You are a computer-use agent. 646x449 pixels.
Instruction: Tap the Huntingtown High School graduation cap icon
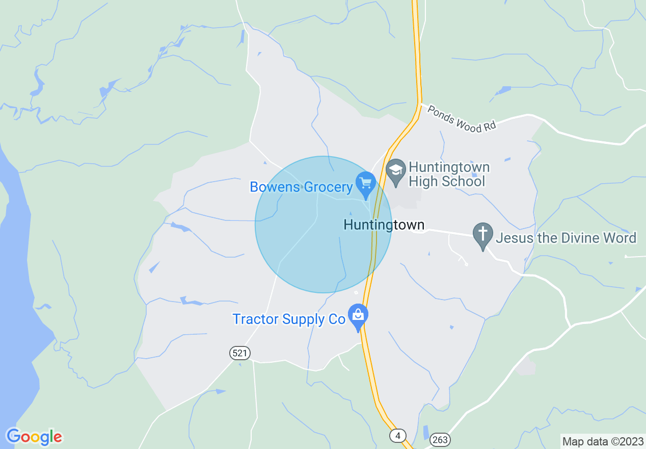coord(395,172)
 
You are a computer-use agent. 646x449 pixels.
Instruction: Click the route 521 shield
coord(240,353)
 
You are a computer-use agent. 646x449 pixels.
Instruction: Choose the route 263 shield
coord(440,439)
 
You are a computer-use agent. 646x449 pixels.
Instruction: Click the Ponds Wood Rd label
coord(462,119)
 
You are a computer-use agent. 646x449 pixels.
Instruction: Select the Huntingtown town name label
coord(384,225)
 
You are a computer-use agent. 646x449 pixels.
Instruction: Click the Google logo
coord(34,437)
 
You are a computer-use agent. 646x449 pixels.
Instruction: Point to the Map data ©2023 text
coord(603,441)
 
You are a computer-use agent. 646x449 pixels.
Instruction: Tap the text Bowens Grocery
coord(301,187)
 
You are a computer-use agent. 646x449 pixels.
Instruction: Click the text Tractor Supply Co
coord(289,319)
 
